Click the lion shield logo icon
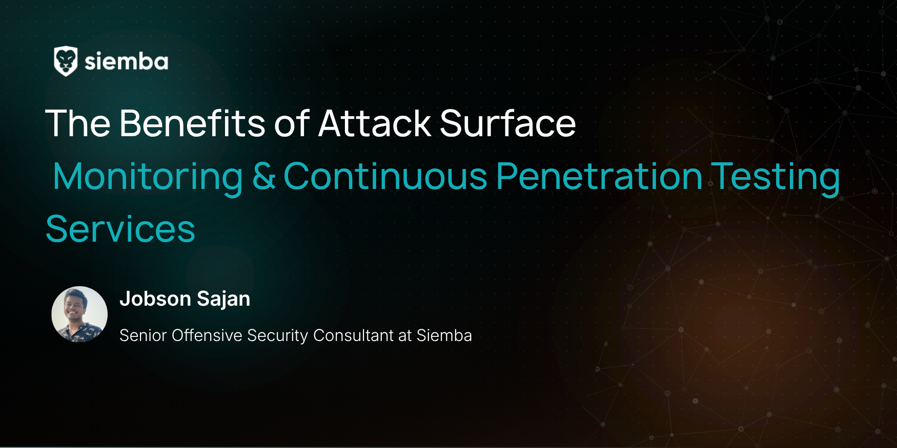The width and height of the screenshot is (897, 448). coord(66,61)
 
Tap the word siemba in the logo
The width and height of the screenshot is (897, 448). coord(126,61)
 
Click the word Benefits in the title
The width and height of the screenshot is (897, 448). coord(192,123)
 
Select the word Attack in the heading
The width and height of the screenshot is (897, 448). coord(375,123)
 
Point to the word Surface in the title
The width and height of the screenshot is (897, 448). coord(508,123)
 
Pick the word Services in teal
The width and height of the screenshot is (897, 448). coord(120,229)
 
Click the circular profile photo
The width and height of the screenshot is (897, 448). coord(79,314)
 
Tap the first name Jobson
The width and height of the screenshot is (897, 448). coord(155,298)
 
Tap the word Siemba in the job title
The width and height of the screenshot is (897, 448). coord(444,335)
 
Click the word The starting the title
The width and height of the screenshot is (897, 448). coord(78,123)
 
